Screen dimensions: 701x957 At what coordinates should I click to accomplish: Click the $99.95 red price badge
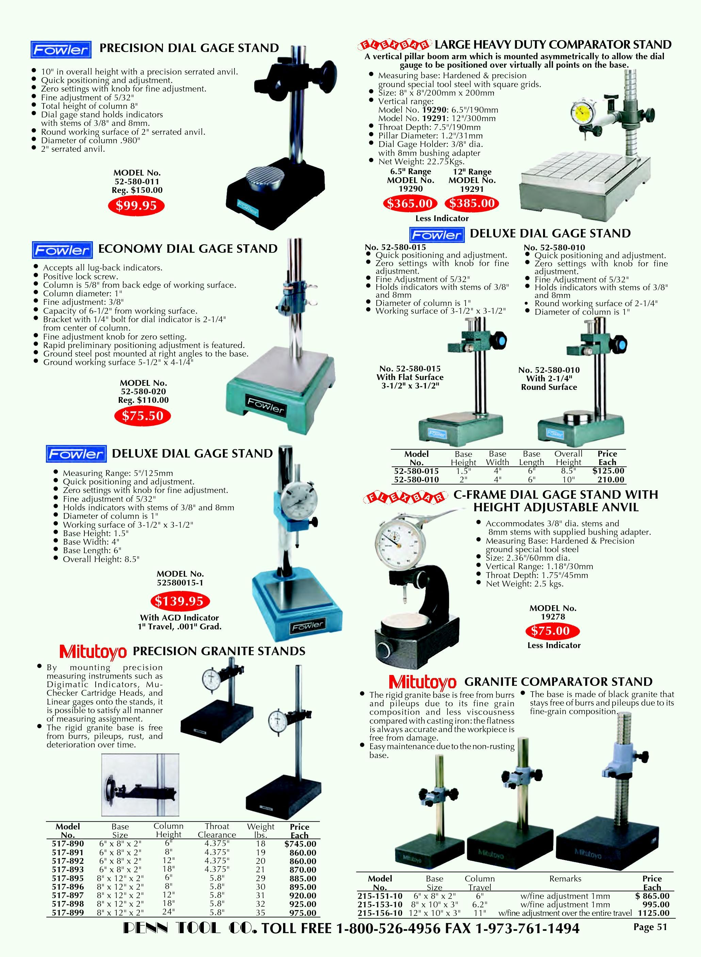coord(137,206)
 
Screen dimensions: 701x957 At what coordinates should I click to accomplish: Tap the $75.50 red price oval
coord(143,416)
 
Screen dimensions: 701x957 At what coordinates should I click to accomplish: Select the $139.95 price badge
coord(179,601)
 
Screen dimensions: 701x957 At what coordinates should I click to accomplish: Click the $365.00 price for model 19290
coord(410,204)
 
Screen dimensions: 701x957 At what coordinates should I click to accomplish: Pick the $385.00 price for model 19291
coord(472,204)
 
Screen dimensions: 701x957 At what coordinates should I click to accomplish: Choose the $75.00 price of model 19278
coord(550,631)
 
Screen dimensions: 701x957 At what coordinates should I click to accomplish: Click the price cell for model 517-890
coord(300,844)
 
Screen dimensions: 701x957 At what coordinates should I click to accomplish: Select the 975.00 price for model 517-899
coord(303,912)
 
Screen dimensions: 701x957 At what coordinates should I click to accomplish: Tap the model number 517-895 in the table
coord(68,878)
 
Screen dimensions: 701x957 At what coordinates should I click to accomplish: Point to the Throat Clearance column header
coord(217,830)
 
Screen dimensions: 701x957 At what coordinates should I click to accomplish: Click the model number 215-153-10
coord(380,904)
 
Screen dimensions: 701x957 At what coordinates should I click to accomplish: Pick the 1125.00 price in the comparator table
coord(654,913)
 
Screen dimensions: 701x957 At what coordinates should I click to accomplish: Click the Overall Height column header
coord(568,458)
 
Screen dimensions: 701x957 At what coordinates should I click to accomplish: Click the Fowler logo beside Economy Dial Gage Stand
coord(62,250)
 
